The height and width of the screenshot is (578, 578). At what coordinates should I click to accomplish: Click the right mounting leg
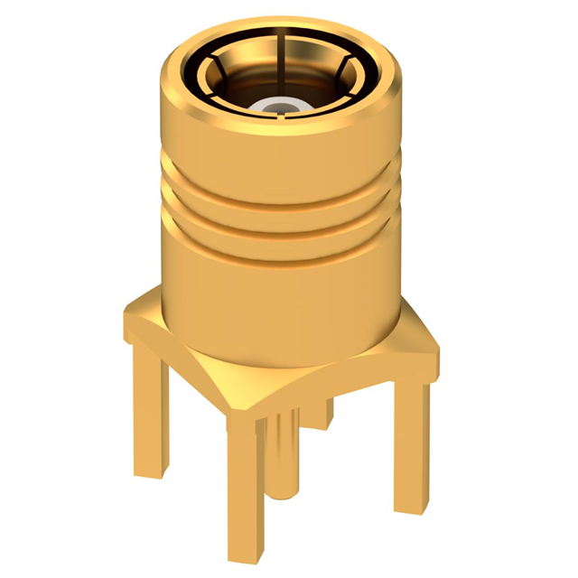pyautogui.click(x=411, y=443)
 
